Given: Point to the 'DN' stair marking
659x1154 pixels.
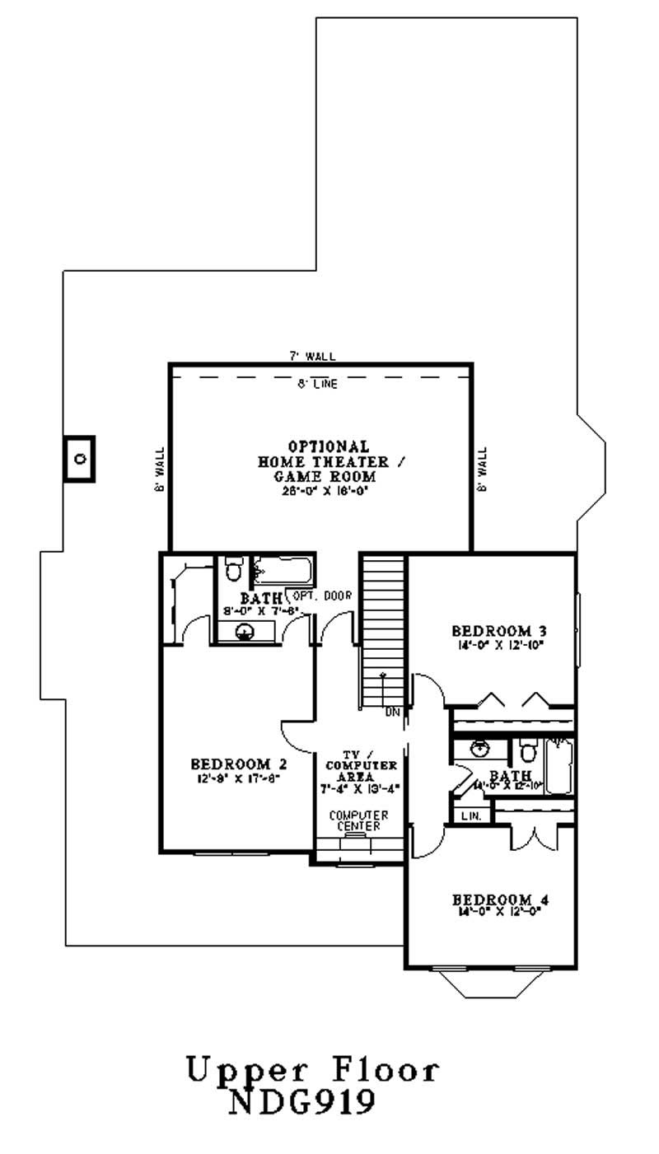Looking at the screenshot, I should pos(391,712).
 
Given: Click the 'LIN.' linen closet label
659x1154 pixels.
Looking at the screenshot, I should pos(470,815).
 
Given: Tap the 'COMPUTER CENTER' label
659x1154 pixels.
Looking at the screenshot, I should pos(358,820).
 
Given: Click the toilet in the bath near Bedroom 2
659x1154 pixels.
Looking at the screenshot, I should pos(233,569).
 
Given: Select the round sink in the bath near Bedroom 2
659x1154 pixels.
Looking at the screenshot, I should pos(244,632).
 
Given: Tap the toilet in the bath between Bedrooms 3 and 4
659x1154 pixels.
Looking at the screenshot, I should pos(527,752).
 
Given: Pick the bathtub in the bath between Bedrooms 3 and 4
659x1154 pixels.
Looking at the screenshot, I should pos(559,766).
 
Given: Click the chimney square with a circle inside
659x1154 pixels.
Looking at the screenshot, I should pos(80,458).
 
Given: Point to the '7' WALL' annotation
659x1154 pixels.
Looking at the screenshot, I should pos(311,356).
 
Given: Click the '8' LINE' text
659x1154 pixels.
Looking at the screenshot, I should pos(317,383).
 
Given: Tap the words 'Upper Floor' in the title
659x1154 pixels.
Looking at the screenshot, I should pos(312,1070).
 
